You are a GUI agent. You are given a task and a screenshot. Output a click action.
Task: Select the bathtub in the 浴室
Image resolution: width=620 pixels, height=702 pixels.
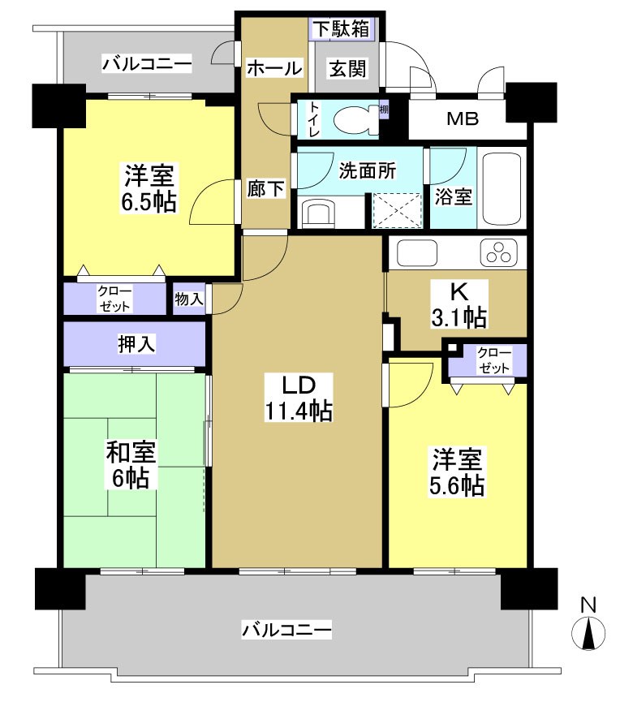pos(503,188)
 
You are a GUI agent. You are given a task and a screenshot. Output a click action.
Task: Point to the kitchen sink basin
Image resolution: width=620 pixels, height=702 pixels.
pos(415,253)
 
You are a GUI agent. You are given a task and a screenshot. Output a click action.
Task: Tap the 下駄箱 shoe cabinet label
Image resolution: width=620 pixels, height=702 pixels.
pos(342,28)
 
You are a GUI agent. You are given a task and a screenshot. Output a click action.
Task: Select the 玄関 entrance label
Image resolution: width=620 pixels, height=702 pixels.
pos(347,69)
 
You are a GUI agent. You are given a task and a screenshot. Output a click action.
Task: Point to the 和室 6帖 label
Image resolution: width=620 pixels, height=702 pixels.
pos(131,465)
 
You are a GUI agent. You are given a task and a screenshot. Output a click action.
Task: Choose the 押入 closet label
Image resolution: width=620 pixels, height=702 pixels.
pos(136,344)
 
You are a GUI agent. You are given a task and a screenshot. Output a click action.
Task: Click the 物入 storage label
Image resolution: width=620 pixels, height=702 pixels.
pos(189,299)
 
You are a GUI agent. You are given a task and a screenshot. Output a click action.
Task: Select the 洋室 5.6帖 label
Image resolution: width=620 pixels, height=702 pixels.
pos(458,472)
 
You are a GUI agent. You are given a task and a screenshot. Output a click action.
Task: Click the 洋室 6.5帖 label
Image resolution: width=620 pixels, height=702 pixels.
pos(149,188)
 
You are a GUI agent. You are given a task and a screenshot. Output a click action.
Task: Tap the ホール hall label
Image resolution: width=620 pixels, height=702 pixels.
pos(273,69)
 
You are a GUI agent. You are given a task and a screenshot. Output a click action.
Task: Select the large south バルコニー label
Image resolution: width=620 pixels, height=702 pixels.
pos(286,629)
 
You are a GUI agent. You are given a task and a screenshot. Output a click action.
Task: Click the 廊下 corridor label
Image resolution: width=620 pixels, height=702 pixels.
pos(265,189)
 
